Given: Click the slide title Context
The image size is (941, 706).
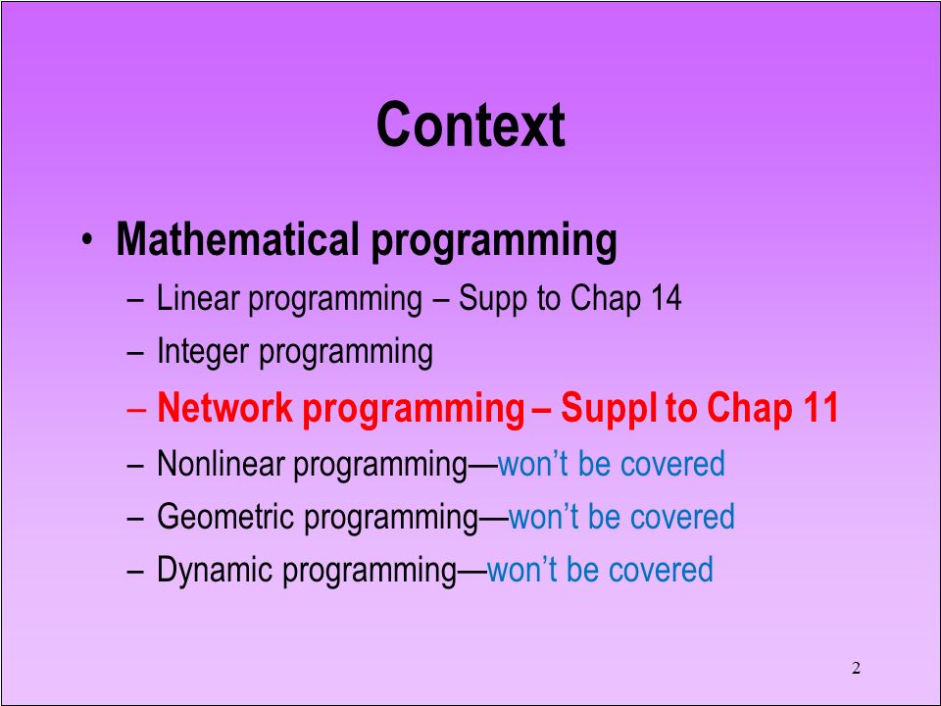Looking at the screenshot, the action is coord(470,125).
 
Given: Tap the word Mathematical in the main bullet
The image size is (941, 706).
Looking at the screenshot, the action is coord(237,238).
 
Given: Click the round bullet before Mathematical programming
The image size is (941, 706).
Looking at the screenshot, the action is coord(88,239).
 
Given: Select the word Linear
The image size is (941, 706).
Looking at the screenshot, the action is coord(198,298).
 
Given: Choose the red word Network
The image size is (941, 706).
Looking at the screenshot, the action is coord(225,408).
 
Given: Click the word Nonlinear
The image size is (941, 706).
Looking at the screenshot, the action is coord(221,464).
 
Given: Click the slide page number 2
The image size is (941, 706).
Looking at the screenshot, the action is coord(856,668).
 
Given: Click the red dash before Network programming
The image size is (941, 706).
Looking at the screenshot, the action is coord(135,410).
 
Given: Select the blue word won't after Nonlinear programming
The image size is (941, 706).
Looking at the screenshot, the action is coord(533,464).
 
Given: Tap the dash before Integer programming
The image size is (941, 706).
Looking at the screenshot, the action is coord(135,353).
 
